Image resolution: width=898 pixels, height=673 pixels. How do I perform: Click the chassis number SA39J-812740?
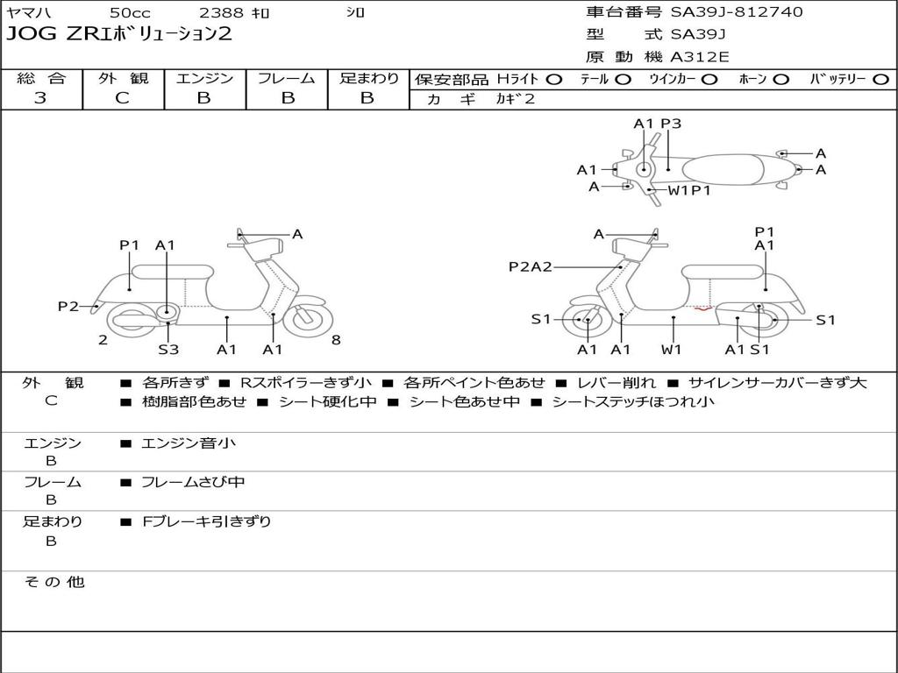pos(737,12)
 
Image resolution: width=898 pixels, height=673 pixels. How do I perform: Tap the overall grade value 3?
pos(40,98)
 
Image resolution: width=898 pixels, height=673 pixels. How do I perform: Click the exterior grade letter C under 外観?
pos(122,98)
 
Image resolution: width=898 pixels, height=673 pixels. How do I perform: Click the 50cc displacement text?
pos(130,12)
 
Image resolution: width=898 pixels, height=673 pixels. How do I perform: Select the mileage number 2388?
pos(221,12)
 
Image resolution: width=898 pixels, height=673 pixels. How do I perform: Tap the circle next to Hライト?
pos(553,80)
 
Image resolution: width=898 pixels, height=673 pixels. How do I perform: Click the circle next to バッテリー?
pos(880,80)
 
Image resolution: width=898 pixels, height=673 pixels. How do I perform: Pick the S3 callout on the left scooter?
pos(168,349)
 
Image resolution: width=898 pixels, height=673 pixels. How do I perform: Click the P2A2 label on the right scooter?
pos(531,266)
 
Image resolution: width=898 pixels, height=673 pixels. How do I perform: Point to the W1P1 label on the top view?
pos(689,190)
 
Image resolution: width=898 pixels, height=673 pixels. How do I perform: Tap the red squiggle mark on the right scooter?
pos(703,309)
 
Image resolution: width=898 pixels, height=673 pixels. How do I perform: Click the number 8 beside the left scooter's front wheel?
pos(336,340)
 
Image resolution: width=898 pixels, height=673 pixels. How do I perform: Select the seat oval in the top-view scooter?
pos(723,170)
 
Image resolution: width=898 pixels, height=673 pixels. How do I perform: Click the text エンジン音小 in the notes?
pos(189,443)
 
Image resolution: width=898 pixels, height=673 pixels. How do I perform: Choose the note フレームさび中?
pos(193,483)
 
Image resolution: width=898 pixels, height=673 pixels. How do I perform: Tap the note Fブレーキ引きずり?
pos(206,521)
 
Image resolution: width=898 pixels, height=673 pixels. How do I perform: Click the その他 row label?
pos(53,582)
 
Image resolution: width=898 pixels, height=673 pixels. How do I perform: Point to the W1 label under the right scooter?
pos(671,349)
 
